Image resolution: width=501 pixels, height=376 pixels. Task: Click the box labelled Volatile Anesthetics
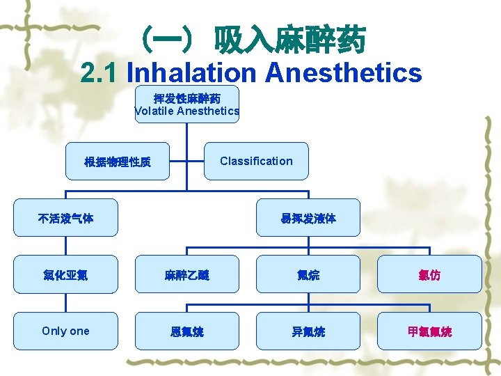[186, 104]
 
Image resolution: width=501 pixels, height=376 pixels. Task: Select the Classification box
[256, 161]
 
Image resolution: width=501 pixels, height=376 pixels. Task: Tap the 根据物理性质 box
[117, 162]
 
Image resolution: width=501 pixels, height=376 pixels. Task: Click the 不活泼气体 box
[65, 218]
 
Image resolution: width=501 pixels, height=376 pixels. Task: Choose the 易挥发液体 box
[308, 218]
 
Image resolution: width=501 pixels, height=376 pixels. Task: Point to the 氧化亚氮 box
[65, 274]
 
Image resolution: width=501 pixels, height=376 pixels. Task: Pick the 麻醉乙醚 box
[186, 274]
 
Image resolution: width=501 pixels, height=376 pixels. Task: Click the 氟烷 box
[308, 274]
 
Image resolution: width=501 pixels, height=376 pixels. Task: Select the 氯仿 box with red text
[429, 274]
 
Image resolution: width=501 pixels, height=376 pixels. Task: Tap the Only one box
[65, 331]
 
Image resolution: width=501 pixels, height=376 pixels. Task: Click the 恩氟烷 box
[186, 331]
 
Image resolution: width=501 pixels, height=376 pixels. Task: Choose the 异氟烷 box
[308, 331]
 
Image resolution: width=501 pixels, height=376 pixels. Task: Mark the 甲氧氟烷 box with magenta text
[429, 331]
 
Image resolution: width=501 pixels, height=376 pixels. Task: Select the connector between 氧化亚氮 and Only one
[65, 303]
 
